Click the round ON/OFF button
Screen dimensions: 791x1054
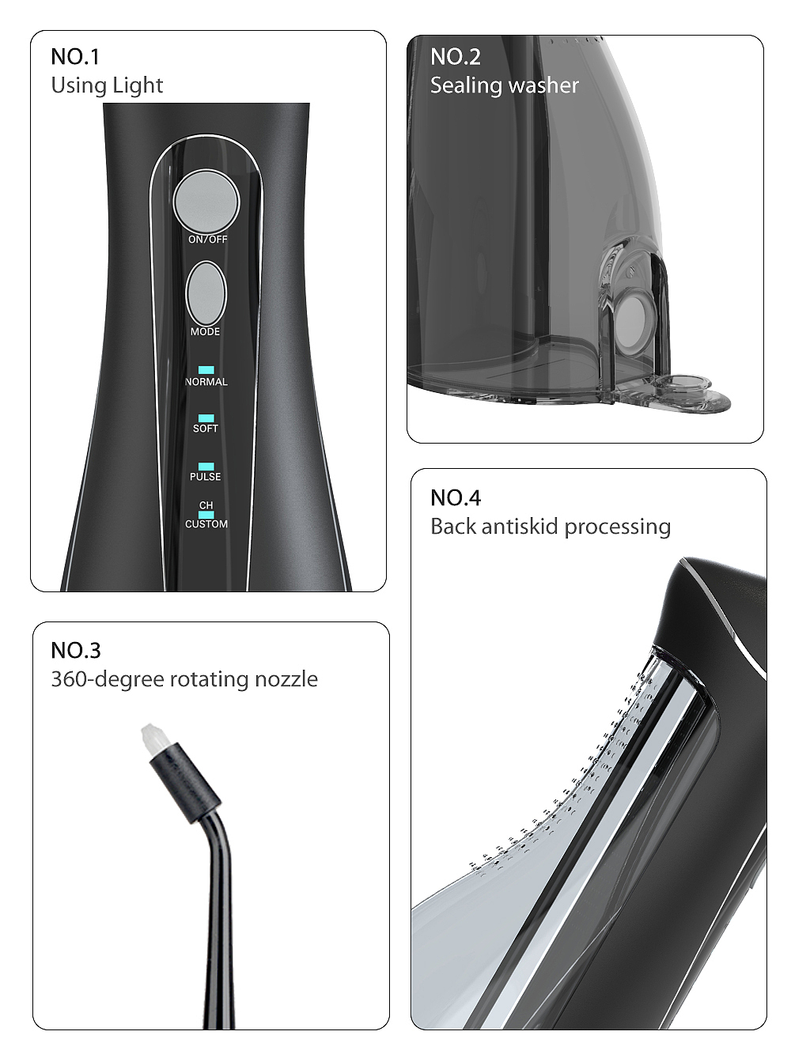pyautogui.click(x=206, y=202)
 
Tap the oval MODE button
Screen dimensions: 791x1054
pyautogui.click(x=206, y=293)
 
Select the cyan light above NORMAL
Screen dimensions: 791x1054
pyautogui.click(x=206, y=370)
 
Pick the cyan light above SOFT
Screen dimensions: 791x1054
pyautogui.click(x=206, y=418)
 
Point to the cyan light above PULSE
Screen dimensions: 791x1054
pyautogui.click(x=206, y=467)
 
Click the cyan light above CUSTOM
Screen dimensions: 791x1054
pyautogui.click(x=206, y=515)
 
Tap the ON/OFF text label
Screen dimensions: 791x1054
pyautogui.click(x=208, y=239)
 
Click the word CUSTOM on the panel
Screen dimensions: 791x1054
pyautogui.click(x=206, y=524)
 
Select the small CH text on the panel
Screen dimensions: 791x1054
pyautogui.click(x=206, y=505)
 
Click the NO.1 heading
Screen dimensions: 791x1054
pyautogui.click(x=75, y=57)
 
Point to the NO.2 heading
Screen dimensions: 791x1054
pyautogui.click(x=456, y=57)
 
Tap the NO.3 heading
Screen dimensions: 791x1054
pyautogui.click(x=76, y=650)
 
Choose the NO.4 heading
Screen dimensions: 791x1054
pyautogui.click(x=456, y=497)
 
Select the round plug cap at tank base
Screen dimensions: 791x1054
pyautogui.click(x=685, y=383)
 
